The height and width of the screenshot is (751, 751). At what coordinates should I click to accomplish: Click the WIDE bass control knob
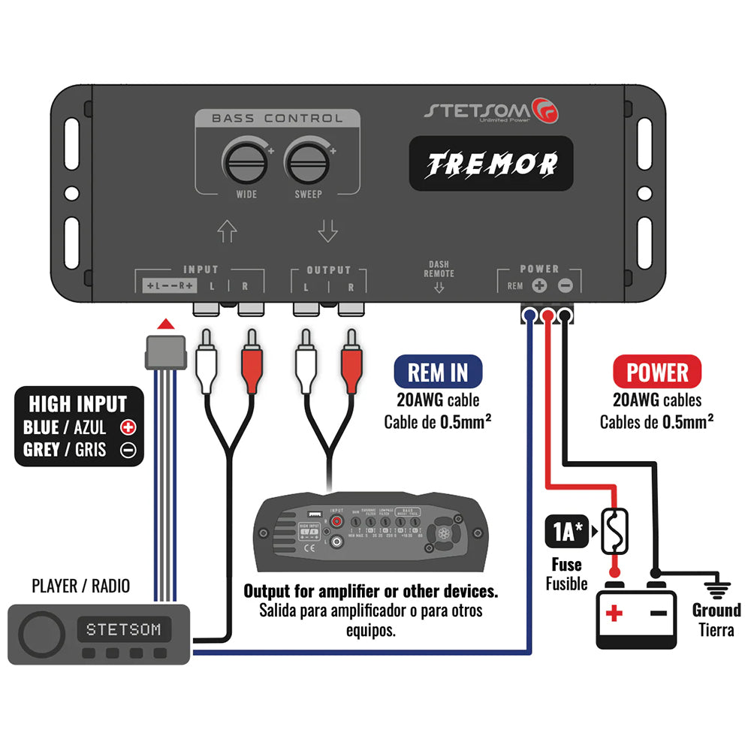point(245,161)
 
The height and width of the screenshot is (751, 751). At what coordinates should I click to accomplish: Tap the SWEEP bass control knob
point(308,161)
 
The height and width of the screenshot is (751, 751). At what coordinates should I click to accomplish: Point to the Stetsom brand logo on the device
point(491,110)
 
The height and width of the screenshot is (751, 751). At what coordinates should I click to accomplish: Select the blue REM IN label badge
point(437,372)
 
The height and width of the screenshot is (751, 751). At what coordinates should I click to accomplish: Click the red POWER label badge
point(656,372)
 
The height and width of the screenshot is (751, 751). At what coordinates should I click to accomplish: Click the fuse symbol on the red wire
point(614,532)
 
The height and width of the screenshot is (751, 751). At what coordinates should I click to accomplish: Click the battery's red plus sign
point(614,614)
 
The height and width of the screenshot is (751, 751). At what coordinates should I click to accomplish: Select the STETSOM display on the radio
point(123,629)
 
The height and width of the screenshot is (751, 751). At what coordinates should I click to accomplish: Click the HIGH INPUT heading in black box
point(78,403)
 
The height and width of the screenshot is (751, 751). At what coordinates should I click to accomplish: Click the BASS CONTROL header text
point(277,118)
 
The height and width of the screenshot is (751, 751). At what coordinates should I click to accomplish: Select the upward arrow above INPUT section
point(227,231)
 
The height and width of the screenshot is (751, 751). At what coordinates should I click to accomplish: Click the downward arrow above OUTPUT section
point(327,231)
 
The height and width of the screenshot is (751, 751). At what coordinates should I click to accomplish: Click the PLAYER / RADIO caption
point(81,585)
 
